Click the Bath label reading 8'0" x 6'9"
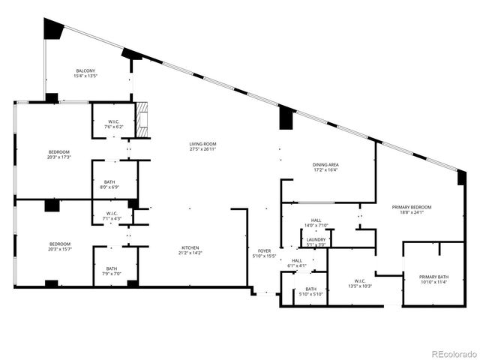coord(109,184)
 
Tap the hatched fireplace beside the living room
coord(142,120)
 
